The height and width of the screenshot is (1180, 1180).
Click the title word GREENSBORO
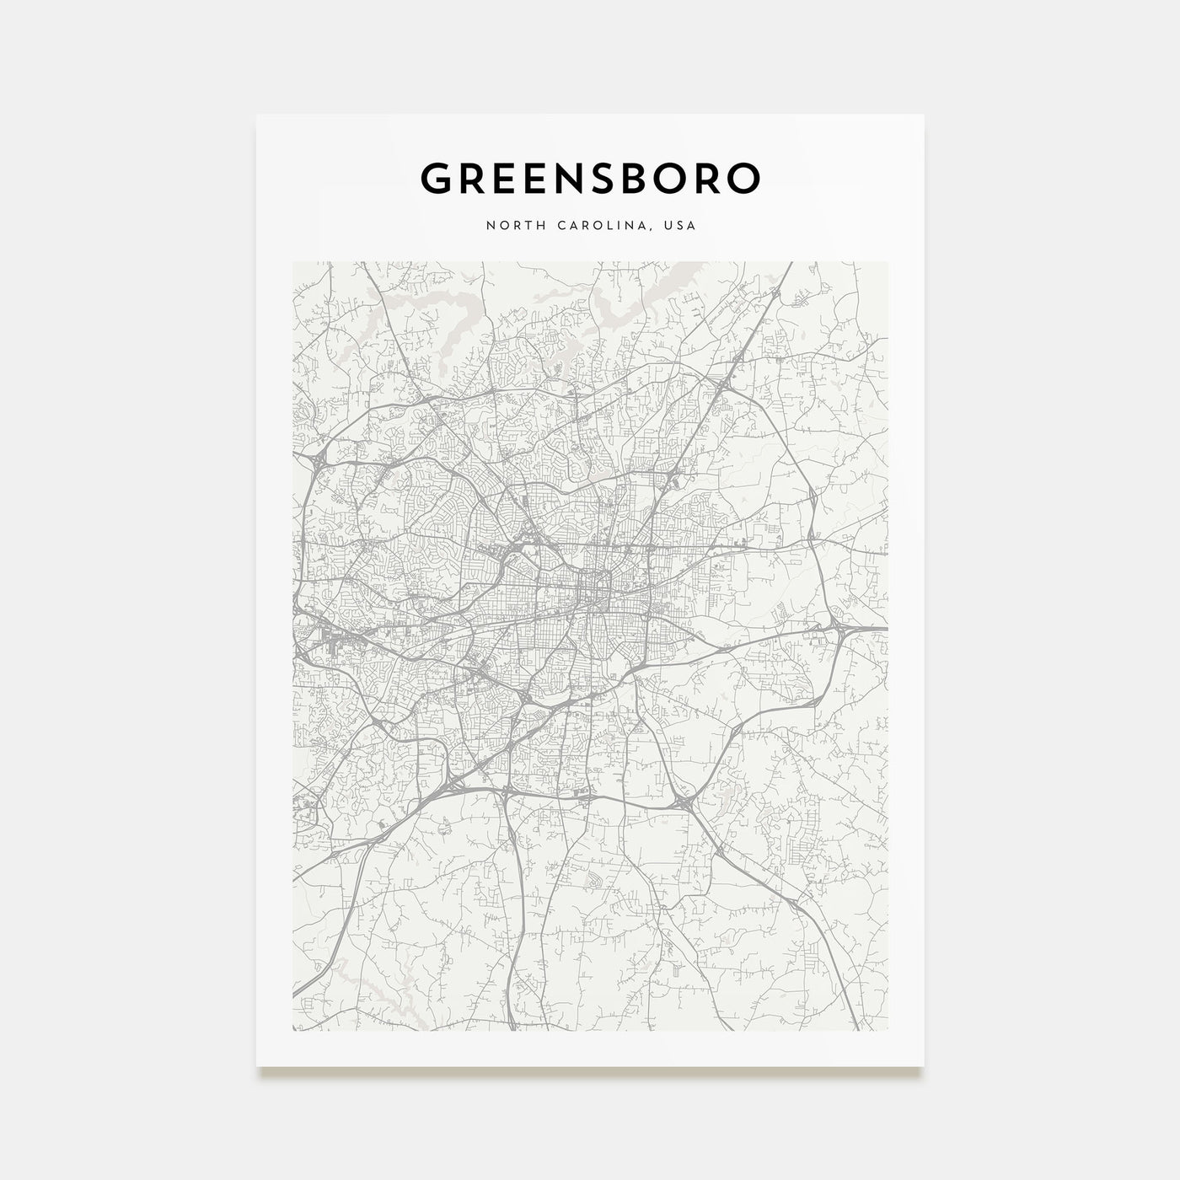point(590,178)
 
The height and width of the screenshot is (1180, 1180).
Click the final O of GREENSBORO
point(743,178)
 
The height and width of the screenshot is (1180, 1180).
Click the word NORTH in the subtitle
point(510,226)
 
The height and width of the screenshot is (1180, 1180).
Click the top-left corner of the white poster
point(257,115)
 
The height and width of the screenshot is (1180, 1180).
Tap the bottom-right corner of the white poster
point(924,1066)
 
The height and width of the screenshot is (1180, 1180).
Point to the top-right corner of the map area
point(888,262)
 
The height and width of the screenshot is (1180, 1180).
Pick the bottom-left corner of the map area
point(292,1030)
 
